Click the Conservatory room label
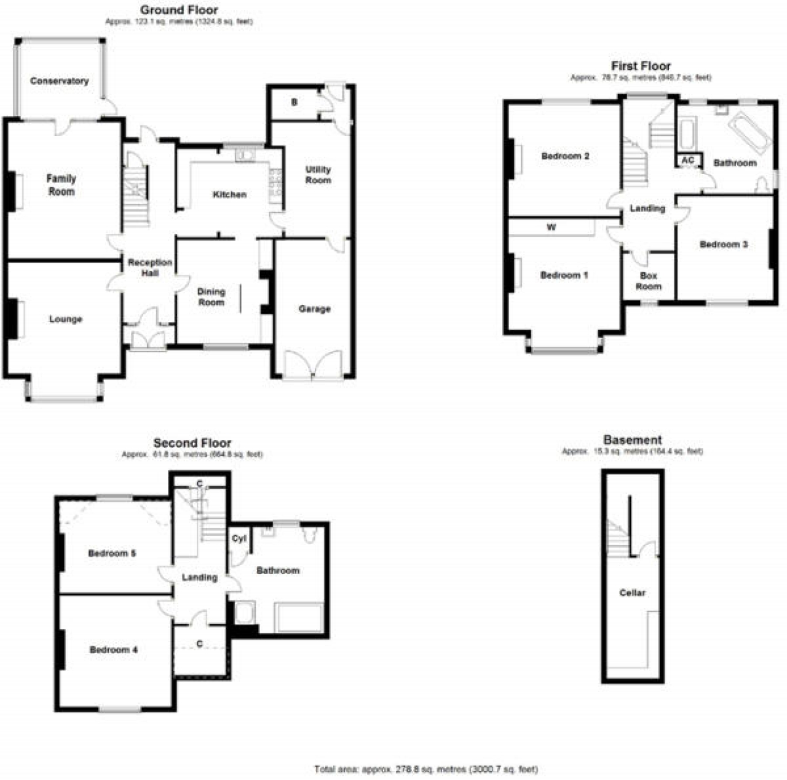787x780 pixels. pyautogui.click(x=60, y=81)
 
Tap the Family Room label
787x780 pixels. pyautogui.click(x=61, y=185)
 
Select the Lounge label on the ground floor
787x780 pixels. pyautogui.click(x=66, y=319)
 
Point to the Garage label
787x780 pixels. pyautogui.click(x=314, y=309)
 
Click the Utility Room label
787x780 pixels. pyautogui.click(x=318, y=175)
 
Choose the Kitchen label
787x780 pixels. pyautogui.click(x=229, y=195)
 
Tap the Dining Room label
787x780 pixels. pyautogui.click(x=212, y=297)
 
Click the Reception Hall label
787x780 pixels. pyautogui.click(x=150, y=267)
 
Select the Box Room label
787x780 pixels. pyautogui.click(x=649, y=281)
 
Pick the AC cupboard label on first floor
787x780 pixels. pyautogui.click(x=689, y=160)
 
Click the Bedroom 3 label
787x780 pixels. pyautogui.click(x=724, y=245)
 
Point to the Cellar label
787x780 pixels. pyautogui.click(x=632, y=593)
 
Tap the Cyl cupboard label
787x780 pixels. pyautogui.click(x=239, y=539)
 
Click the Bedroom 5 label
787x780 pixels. pyautogui.click(x=112, y=553)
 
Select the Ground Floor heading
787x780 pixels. pyautogui.click(x=179, y=10)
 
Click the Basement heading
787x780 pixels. pyautogui.click(x=632, y=440)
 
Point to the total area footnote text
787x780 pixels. pyautogui.click(x=426, y=769)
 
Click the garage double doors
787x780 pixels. pyautogui.click(x=314, y=366)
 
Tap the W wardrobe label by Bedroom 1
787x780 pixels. pyautogui.click(x=552, y=227)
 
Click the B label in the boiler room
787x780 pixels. pyautogui.click(x=295, y=102)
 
